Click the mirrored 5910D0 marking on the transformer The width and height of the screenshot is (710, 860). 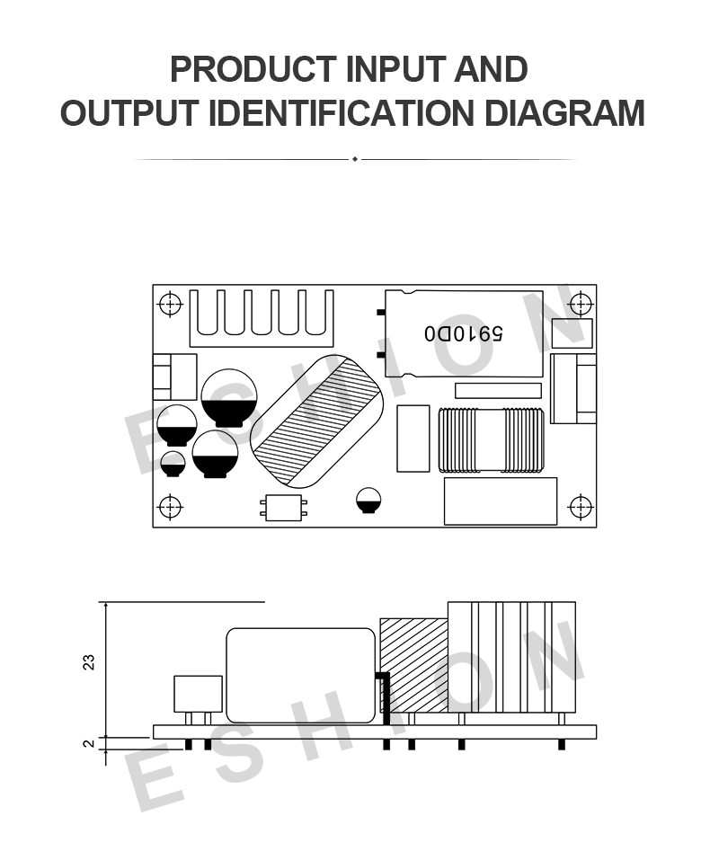pyautogui.click(x=464, y=332)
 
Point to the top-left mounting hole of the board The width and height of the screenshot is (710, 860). pyautogui.click(x=170, y=304)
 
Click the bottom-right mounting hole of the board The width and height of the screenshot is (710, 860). pyautogui.click(x=581, y=506)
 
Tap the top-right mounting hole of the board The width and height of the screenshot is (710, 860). pyautogui.click(x=581, y=304)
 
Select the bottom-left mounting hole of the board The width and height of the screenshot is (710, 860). pyautogui.click(x=170, y=506)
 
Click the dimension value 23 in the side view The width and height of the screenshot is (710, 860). pyautogui.click(x=88, y=662)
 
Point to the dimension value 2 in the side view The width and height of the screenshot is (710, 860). pyautogui.click(x=88, y=744)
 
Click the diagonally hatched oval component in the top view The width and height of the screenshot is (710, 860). pyautogui.click(x=316, y=421)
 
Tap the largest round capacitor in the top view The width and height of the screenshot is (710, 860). pyautogui.click(x=229, y=397)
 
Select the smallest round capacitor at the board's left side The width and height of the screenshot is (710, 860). pyautogui.click(x=173, y=464)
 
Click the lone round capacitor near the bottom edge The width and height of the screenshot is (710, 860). pyautogui.click(x=368, y=501)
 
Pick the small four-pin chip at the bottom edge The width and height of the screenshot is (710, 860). pyautogui.click(x=283, y=508)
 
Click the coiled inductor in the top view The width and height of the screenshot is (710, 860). pyautogui.click(x=491, y=439)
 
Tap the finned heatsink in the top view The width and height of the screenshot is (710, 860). pyautogui.click(x=262, y=318)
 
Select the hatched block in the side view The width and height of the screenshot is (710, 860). pyautogui.click(x=414, y=665)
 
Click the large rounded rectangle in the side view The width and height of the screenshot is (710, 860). pyautogui.click(x=301, y=675)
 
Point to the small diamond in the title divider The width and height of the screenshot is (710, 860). pyautogui.click(x=355, y=159)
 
